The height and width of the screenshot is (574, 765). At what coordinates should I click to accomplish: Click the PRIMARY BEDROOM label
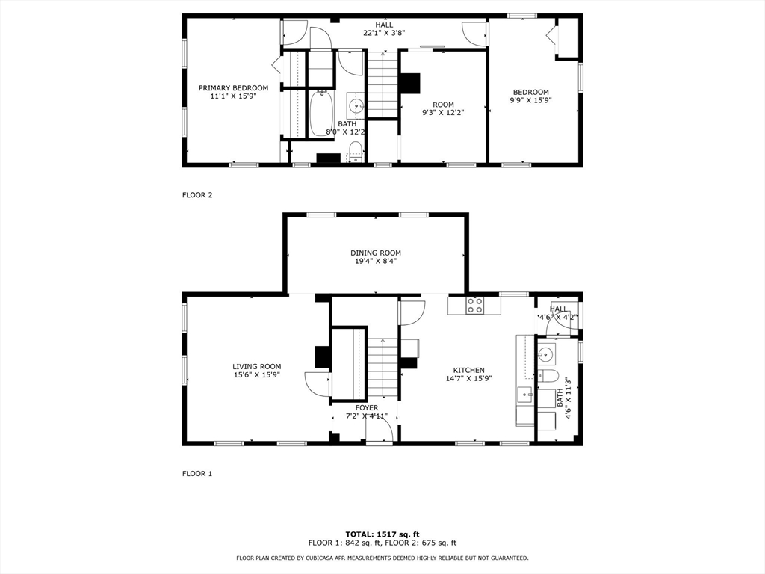coord(233,88)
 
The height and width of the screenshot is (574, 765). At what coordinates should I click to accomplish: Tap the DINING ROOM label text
coord(376,253)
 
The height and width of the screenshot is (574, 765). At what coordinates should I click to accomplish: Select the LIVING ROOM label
coord(256,366)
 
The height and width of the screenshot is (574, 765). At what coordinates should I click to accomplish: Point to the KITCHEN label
coord(468,370)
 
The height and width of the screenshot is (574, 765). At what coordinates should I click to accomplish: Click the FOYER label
coord(366,407)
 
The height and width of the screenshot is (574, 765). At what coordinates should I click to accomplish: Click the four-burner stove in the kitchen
coord(474,305)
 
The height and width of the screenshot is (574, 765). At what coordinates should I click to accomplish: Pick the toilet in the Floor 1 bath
coord(547,375)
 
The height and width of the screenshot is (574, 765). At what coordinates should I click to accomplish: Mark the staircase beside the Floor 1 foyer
coord(383,366)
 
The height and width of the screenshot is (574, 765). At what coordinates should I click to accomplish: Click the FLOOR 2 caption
coord(197,195)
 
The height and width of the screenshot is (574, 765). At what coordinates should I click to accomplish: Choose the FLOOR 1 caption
coord(197,473)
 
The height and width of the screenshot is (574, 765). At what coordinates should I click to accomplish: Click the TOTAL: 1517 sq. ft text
coord(382,534)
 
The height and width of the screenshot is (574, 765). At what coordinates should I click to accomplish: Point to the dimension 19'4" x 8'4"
coord(376,262)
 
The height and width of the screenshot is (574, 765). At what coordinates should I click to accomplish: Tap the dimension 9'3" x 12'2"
coord(443,113)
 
